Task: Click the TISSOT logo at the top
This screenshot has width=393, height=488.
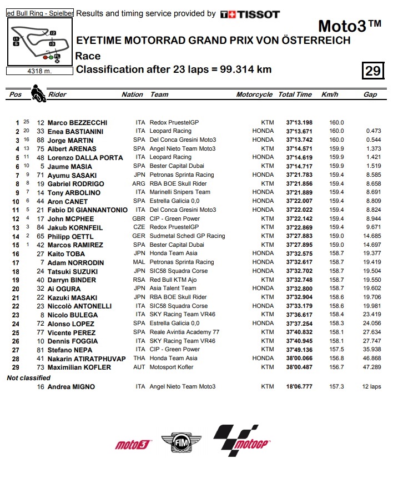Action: [250, 14]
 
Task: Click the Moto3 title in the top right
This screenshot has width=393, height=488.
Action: [350, 26]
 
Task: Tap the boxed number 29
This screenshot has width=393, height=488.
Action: [372, 71]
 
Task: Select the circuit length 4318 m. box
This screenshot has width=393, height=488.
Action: [39, 71]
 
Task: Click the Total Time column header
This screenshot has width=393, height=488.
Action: [295, 94]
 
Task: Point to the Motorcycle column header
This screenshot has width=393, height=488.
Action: [254, 94]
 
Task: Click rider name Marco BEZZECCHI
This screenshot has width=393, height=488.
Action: [77, 123]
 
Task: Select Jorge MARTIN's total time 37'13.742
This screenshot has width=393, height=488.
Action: [299, 140]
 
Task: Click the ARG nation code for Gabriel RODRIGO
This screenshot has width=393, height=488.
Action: [140, 184]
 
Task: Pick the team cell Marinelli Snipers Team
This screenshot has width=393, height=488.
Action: [180, 193]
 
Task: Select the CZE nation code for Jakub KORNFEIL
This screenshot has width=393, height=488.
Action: [140, 228]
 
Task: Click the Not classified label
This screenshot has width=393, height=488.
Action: [28, 378]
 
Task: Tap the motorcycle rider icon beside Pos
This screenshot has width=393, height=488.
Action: [38, 93]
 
